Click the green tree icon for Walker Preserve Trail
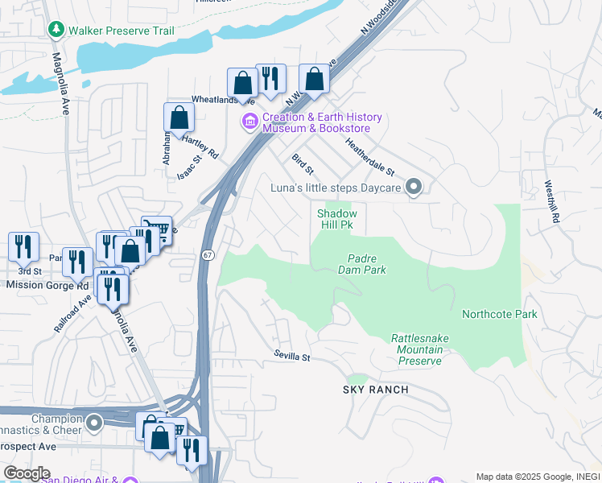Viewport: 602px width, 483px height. [x=56, y=31]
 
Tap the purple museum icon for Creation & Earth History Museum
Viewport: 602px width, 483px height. [x=249, y=122]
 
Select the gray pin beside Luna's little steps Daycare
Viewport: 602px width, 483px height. [x=414, y=188]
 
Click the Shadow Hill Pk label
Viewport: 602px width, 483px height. [x=336, y=219]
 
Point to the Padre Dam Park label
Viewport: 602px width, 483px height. [x=367, y=264]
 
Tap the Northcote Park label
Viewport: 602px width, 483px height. [x=499, y=314]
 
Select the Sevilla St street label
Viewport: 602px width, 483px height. [x=291, y=355]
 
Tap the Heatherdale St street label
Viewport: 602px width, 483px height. [x=370, y=156]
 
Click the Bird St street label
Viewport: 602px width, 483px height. [x=303, y=167]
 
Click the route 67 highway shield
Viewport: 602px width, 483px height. [x=208, y=255]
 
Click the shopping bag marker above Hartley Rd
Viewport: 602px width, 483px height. [x=179, y=117]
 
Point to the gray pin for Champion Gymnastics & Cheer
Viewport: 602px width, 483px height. [x=95, y=422]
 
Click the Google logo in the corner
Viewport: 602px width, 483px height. [x=27, y=473]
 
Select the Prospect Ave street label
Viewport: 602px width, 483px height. [x=28, y=445]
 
